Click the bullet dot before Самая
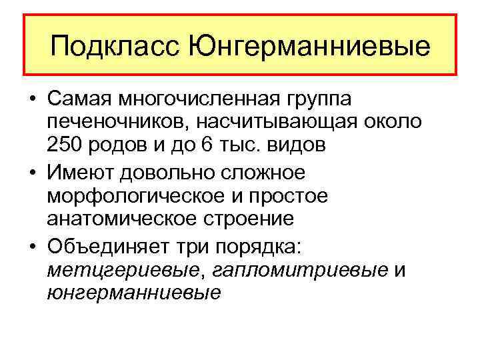[x=32, y=99]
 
